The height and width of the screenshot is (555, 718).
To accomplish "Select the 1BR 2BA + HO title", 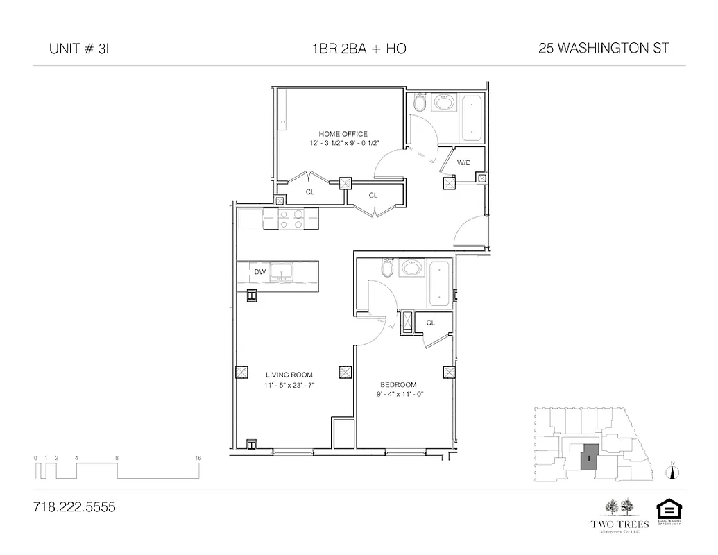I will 359,49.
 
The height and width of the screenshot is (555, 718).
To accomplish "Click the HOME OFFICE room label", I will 343,134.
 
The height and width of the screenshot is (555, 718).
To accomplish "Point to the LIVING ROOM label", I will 289,375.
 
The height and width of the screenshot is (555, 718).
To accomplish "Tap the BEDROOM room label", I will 398,385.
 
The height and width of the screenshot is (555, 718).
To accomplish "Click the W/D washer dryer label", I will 463,163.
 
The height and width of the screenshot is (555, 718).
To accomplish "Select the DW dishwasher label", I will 260,272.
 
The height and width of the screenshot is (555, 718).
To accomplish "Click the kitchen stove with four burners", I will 291,219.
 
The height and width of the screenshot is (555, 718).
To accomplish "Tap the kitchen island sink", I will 282,271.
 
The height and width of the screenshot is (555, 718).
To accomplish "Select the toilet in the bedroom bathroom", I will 388,268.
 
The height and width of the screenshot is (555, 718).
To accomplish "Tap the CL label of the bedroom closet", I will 431,323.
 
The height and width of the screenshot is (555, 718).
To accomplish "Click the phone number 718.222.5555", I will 74,507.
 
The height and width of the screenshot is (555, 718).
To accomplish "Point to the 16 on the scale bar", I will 198,458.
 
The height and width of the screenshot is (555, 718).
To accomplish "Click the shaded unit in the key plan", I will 588,458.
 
